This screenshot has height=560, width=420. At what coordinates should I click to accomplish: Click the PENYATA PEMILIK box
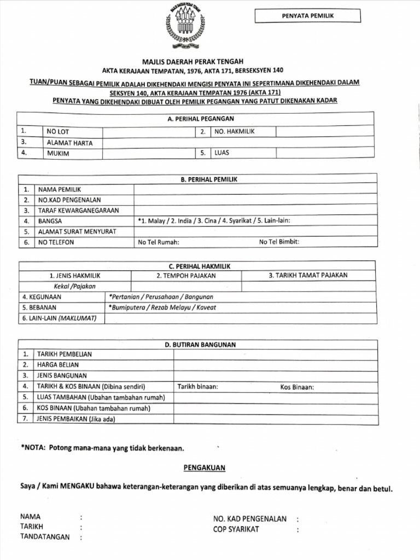point(308,16)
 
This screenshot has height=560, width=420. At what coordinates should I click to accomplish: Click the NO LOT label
point(58,132)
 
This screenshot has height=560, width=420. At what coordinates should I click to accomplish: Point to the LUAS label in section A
point(222,153)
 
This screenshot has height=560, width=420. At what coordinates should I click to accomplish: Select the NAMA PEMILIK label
point(59,189)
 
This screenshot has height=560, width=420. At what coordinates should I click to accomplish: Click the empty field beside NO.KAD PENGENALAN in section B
point(255,200)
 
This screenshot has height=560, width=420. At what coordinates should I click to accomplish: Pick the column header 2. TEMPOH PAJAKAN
point(186,276)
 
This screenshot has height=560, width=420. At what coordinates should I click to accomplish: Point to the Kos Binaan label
point(297,387)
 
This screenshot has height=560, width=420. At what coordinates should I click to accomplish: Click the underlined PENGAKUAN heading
point(203,468)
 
